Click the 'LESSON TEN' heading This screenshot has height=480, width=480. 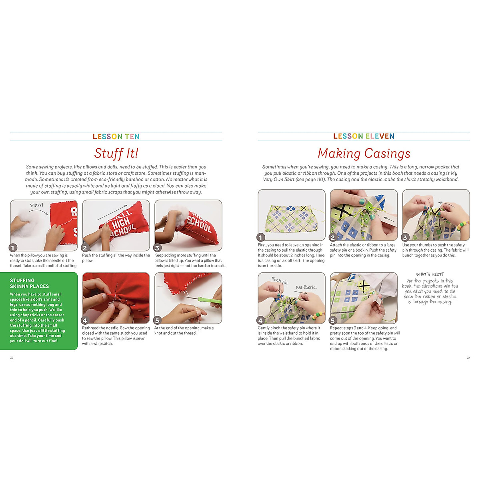click(116, 137)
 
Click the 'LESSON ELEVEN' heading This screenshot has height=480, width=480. click(364, 136)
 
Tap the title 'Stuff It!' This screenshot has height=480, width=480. click(116, 153)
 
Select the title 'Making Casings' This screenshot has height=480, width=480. click(364, 153)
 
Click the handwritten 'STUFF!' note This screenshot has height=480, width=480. click(36, 205)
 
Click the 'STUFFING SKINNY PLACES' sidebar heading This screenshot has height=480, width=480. click(29, 283)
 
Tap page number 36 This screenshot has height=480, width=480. click(12, 358)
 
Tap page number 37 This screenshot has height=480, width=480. click(468, 358)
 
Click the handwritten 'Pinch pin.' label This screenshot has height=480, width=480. click(280, 281)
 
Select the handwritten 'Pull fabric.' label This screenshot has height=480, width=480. click(306, 287)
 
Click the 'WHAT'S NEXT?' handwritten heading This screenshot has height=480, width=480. click(430, 274)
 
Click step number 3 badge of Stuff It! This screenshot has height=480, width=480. click(157, 248)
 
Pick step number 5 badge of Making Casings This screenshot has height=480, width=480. click(333, 320)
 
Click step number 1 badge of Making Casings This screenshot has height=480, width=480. click(261, 238)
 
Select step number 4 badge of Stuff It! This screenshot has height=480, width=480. click(85, 320)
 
